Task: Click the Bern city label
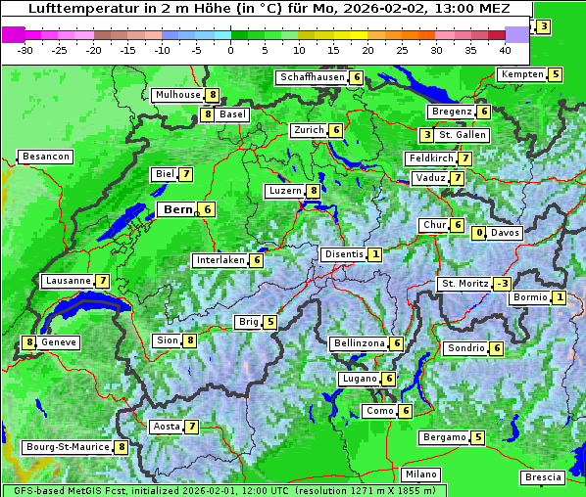177,209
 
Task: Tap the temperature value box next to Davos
479,233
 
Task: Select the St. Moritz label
464,284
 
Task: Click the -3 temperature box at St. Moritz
501,284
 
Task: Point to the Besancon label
45,157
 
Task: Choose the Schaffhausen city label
312,77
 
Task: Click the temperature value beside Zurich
335,130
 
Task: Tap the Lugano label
358,379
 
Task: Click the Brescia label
543,477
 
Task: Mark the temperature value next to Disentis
375,254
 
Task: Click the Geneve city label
58,342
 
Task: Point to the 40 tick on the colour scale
506,50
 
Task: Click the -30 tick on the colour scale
25,50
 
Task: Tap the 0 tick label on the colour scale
230,50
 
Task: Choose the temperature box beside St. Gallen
426,135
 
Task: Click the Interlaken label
220,260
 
